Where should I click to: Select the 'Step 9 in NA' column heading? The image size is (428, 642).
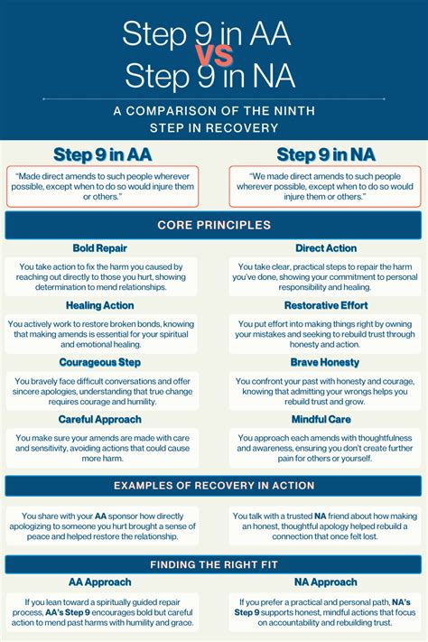(x=326, y=154)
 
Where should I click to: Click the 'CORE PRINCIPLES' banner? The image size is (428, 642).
(x=214, y=225)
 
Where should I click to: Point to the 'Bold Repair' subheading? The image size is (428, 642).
(x=100, y=248)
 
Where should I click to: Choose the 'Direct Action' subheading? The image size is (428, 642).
(x=326, y=248)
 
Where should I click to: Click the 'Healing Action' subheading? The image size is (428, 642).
(x=100, y=306)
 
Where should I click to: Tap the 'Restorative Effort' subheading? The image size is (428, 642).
(x=326, y=306)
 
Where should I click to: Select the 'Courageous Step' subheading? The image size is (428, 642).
(x=100, y=362)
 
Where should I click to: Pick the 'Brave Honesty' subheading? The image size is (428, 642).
(x=326, y=362)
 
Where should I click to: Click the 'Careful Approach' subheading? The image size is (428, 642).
(x=100, y=420)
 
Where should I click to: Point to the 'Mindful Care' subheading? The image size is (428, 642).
(x=326, y=420)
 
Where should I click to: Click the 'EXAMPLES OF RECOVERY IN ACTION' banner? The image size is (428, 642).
(x=214, y=486)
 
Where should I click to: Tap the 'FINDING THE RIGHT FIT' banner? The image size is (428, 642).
(x=214, y=564)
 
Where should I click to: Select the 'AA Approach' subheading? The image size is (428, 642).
(x=100, y=582)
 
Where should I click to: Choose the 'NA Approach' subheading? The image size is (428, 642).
(x=326, y=582)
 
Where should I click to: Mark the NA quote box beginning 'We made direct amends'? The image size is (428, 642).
(x=326, y=184)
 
